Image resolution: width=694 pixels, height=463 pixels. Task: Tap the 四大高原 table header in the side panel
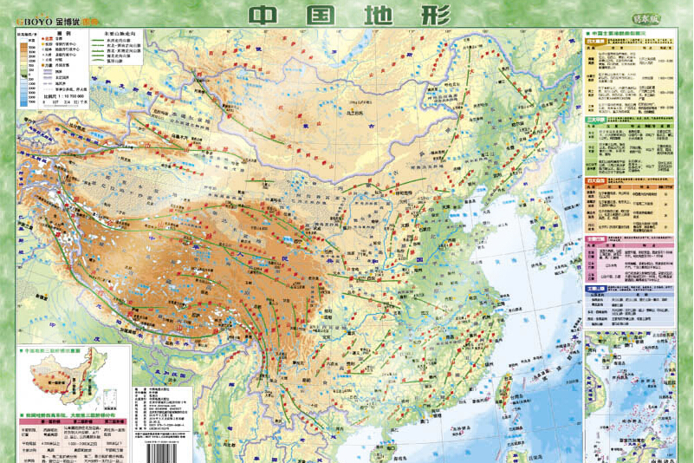coord(595,41)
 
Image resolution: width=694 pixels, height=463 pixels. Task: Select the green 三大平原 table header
coord(595,119)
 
